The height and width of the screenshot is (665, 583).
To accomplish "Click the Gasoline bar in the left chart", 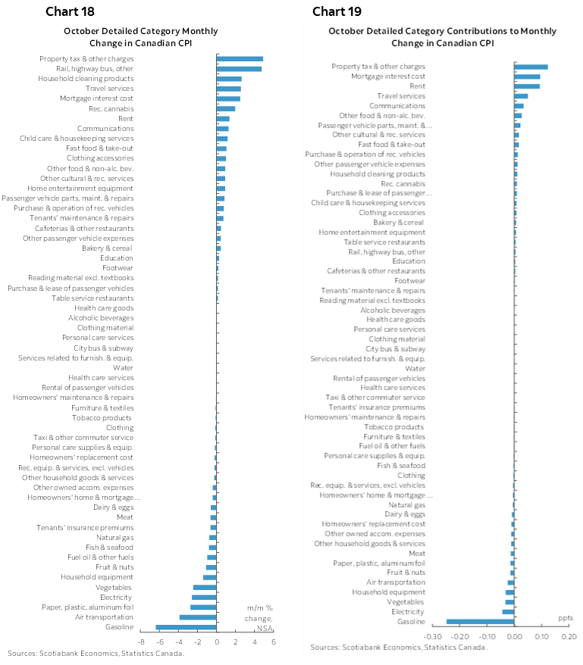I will pos(186,627).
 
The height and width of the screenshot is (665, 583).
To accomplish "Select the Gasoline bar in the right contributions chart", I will pos(481,622).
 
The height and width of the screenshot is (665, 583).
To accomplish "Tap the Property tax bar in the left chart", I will pos(240,59).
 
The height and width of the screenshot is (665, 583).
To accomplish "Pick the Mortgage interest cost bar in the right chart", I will pos(527,76).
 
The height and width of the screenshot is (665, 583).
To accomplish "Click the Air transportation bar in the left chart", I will pos(198,617).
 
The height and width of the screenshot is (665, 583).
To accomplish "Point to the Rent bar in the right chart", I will pos(527,86).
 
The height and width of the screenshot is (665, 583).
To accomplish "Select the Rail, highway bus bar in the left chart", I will pos(239,69).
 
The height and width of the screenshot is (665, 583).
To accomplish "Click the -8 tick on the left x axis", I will pos(141,642).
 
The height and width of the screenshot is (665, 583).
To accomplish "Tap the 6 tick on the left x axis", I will pos(273,642).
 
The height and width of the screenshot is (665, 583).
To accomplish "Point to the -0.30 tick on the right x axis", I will pos(433,636).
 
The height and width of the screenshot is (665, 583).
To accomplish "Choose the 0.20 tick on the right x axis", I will pos(569,636).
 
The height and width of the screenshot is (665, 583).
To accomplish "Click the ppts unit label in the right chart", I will pos(566,617).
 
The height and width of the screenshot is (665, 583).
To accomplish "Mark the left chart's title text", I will pos(140,36).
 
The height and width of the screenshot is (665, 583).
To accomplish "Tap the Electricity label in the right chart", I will pos(408,612).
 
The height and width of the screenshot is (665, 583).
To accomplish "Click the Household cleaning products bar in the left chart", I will pos(229,79).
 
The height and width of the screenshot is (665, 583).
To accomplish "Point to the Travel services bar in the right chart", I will pos(521,96).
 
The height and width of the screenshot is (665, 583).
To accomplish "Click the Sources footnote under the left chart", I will pos(96,653).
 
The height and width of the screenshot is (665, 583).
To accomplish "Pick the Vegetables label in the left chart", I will pos(114,588).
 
